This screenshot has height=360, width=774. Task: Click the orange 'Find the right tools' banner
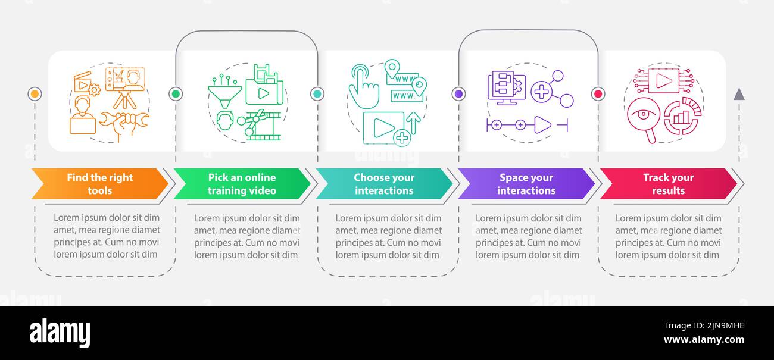(99, 184)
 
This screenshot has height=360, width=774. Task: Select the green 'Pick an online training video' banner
(242, 184)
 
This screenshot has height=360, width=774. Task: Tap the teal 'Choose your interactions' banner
(383, 184)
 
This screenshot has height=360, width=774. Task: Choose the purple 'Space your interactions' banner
(526, 184)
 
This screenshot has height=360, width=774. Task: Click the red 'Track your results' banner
(668, 184)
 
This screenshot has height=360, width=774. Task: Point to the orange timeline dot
(35, 94)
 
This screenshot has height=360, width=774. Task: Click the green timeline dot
(176, 94)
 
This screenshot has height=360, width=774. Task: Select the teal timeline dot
(317, 94)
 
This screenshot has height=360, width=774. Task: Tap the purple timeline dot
(458, 94)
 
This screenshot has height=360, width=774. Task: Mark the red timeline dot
(598, 94)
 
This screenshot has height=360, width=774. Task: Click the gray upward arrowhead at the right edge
(739, 94)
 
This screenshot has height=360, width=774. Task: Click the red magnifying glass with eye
(642, 118)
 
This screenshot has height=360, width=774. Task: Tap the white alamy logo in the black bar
(60, 333)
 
